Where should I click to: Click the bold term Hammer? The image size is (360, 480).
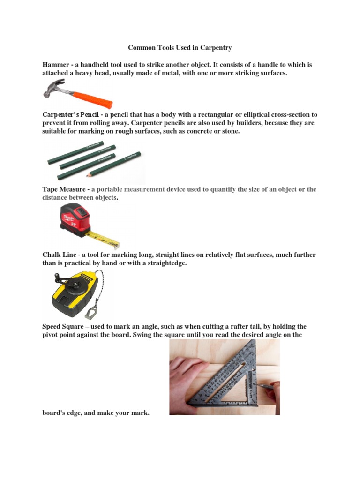click(55, 65)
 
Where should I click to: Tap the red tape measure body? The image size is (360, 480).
click(75, 218)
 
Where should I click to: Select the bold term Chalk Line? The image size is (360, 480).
click(60, 255)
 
